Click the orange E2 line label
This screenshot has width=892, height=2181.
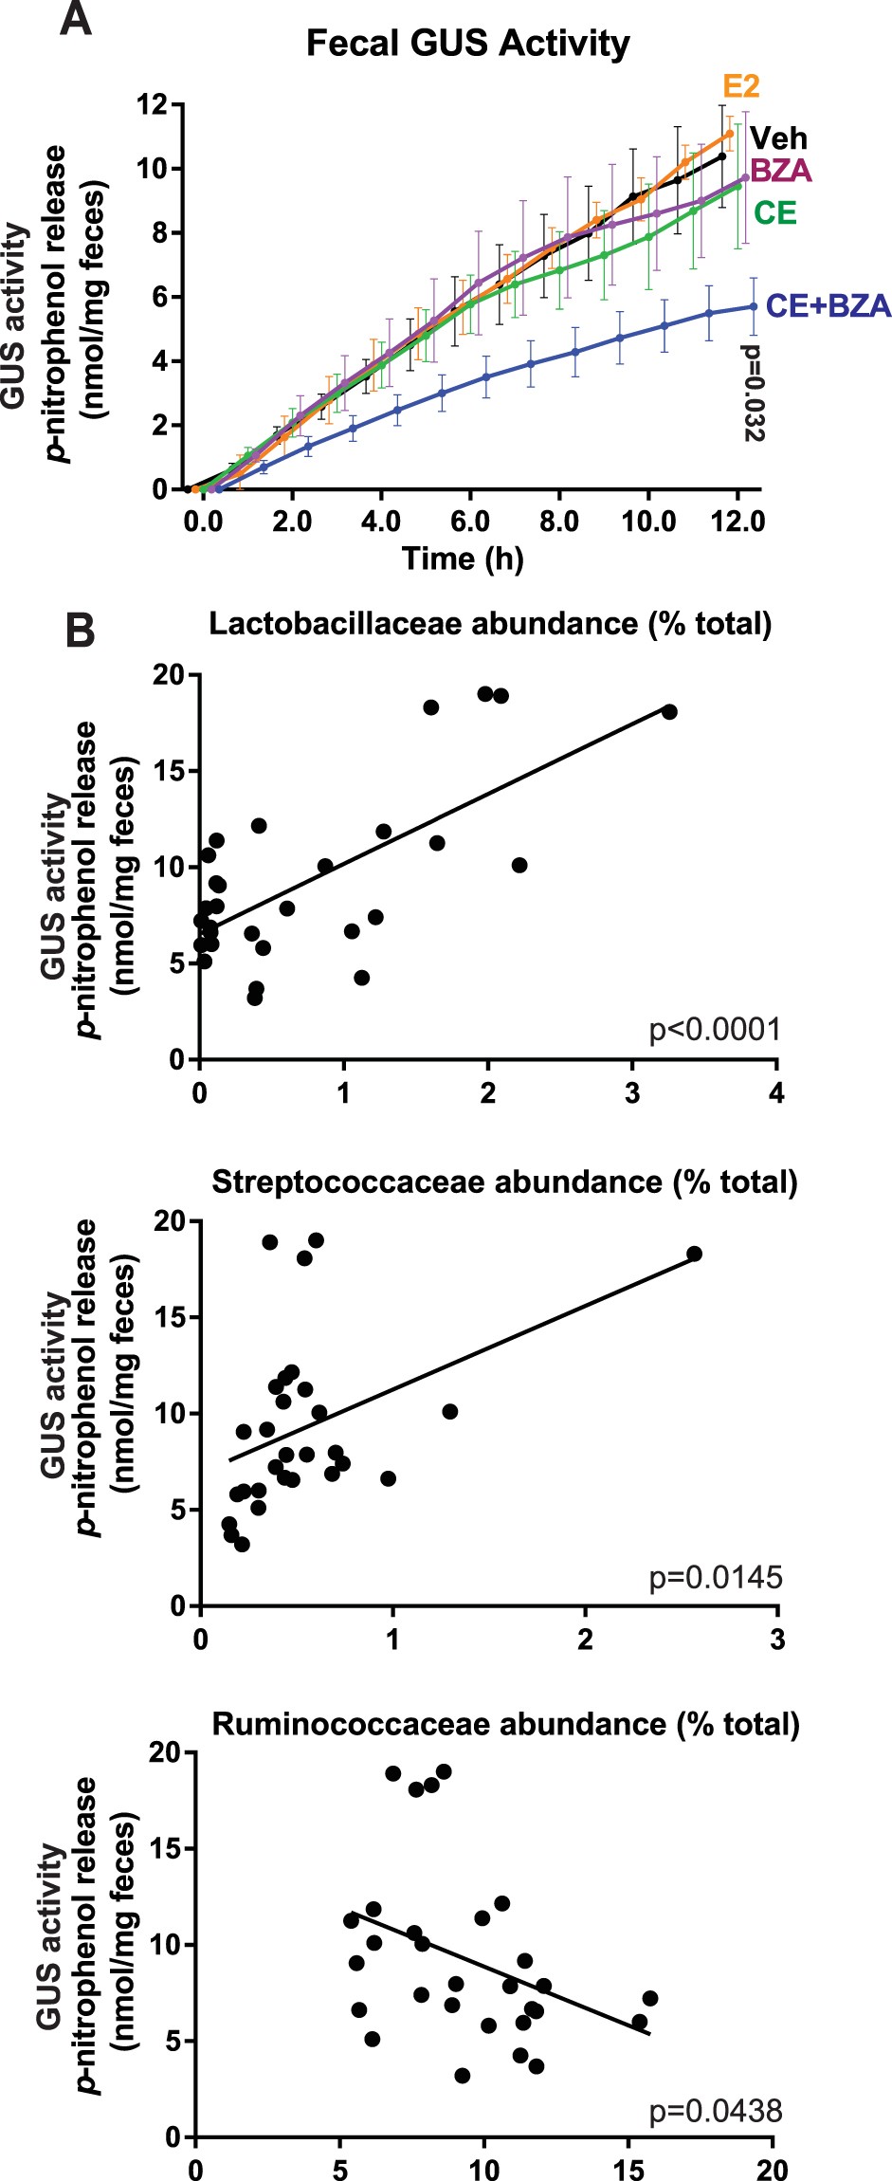[741, 86]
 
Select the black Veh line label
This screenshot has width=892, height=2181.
[778, 138]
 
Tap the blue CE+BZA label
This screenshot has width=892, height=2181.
[828, 305]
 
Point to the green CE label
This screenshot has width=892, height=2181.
[774, 212]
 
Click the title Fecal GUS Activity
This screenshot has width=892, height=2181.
[467, 44]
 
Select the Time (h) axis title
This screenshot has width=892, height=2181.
[463, 558]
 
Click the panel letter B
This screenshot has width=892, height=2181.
[81, 630]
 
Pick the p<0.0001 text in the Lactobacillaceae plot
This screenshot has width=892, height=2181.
[715, 1029]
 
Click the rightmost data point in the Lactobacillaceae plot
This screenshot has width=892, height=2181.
[669, 711]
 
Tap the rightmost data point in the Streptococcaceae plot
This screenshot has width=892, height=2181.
[694, 1254]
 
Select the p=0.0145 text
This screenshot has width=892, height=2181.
[715, 1577]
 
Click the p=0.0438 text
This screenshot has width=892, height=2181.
[715, 2111]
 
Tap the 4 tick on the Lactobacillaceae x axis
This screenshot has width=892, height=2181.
[776, 1092]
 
